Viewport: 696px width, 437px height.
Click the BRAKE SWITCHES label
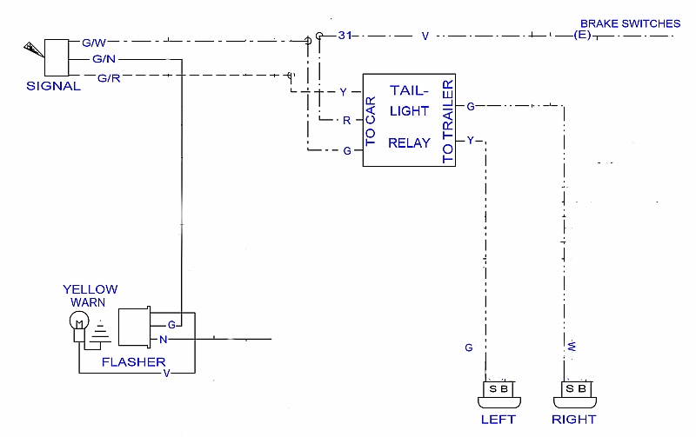click(630, 23)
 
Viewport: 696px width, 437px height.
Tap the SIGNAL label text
click(54, 86)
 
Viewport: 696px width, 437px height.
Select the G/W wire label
click(94, 43)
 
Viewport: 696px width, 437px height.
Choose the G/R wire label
click(109, 78)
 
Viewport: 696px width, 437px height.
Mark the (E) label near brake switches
click(582, 36)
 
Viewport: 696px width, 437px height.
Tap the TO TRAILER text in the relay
click(448, 122)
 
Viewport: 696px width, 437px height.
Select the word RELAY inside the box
click(409, 142)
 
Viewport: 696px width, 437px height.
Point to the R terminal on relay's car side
click(346, 120)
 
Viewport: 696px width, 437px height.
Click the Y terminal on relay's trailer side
click(471, 139)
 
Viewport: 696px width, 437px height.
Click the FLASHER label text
click(132, 361)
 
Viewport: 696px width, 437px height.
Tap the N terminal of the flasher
click(163, 339)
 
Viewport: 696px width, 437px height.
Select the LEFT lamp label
click(498, 420)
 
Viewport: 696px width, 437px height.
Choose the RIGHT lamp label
click(574, 420)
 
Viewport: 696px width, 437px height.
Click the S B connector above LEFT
click(499, 388)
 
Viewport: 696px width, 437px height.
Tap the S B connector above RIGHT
click(575, 388)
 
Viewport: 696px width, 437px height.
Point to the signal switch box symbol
click(57, 58)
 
